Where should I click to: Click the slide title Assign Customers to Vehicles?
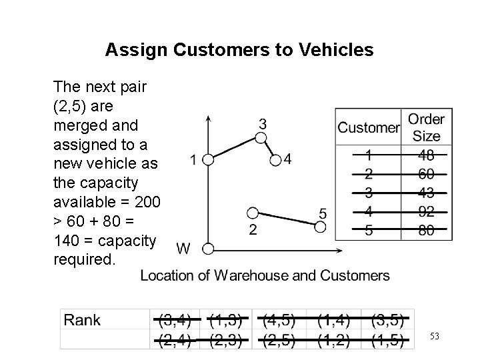click(239, 50)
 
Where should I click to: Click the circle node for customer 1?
click(208, 160)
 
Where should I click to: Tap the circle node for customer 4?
click(276, 160)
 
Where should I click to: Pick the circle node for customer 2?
click(252, 213)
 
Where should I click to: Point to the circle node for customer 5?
click(321, 227)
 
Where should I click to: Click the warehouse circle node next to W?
click(208, 249)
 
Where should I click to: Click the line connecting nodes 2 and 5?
click(287, 221)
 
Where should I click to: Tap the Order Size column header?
click(426, 127)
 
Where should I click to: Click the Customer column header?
click(368, 127)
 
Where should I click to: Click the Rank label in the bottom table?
click(83, 320)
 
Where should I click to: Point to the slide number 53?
click(435, 337)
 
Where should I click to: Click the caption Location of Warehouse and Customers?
click(265, 275)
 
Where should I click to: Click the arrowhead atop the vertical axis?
click(209, 119)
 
